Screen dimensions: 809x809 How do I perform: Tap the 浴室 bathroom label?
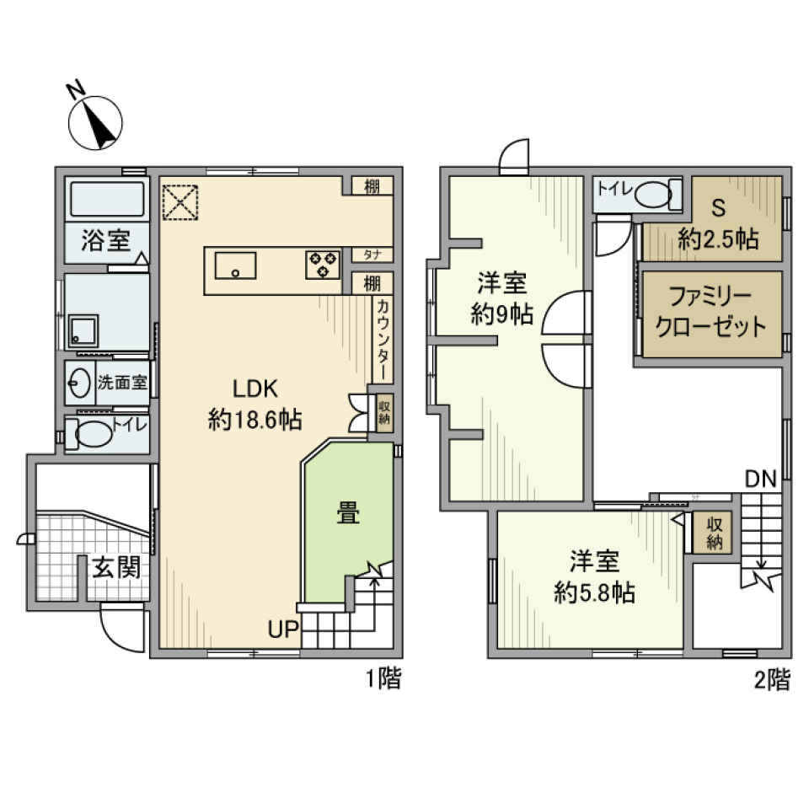[x=105, y=241]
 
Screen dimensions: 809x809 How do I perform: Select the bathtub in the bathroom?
[x=107, y=201]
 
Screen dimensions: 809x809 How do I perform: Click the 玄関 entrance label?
[x=115, y=567]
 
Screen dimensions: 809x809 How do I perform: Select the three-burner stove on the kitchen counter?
[x=323, y=265]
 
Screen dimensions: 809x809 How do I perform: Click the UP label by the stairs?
[x=282, y=628]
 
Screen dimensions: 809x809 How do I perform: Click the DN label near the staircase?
[x=760, y=479]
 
